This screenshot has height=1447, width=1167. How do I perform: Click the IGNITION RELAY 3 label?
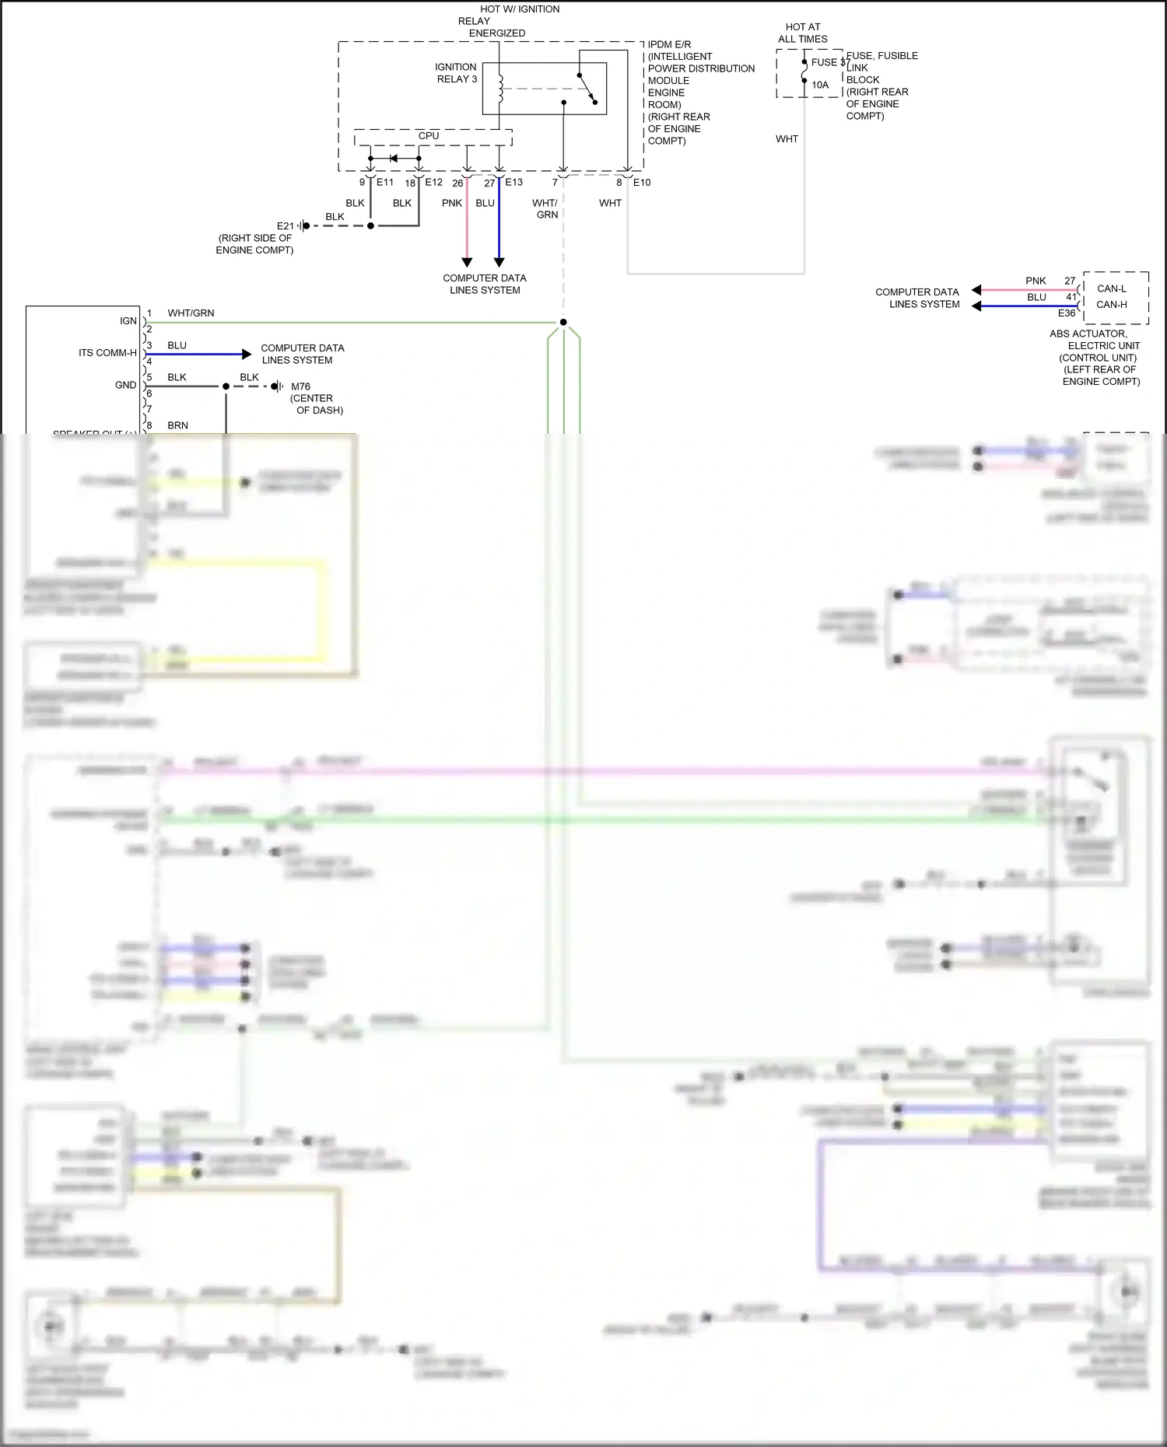pyautogui.click(x=456, y=73)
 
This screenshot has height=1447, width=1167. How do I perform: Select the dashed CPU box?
pyautogui.click(x=433, y=137)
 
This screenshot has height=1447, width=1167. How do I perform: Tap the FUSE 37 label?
pyautogui.click(x=828, y=62)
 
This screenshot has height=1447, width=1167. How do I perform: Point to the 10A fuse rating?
pyautogui.click(x=820, y=85)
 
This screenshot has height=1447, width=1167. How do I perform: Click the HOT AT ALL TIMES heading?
pyautogui.click(x=803, y=33)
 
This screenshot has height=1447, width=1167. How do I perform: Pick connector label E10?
pyautogui.click(x=642, y=183)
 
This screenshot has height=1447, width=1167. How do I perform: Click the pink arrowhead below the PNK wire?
pyautogui.click(x=467, y=262)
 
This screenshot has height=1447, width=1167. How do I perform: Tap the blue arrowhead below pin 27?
pyautogui.click(x=499, y=262)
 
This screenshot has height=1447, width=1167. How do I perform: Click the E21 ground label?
pyautogui.click(x=286, y=226)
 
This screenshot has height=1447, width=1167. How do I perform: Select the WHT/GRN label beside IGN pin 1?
pyautogui.click(x=191, y=313)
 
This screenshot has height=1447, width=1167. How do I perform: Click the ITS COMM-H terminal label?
pyautogui.click(x=107, y=353)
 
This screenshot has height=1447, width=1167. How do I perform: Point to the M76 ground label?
pyautogui.click(x=300, y=386)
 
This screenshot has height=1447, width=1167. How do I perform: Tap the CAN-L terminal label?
pyautogui.click(x=1111, y=288)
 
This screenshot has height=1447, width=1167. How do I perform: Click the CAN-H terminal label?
pyautogui.click(x=1111, y=305)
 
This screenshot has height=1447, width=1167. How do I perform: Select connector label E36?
pyautogui.click(x=1067, y=313)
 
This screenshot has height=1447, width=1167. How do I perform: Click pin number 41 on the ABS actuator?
pyautogui.click(x=1071, y=297)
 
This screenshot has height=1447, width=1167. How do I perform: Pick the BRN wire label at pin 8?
pyautogui.click(x=177, y=426)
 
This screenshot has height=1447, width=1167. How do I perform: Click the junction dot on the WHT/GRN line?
pyautogui.click(x=563, y=322)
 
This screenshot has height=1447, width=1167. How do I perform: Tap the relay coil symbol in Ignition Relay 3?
pyautogui.click(x=500, y=89)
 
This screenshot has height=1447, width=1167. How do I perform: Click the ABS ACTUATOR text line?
pyautogui.click(x=1088, y=334)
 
